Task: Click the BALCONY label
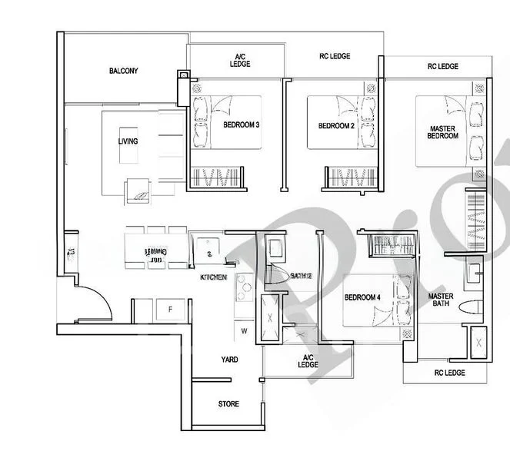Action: click(x=123, y=71)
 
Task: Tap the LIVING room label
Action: click(x=128, y=141)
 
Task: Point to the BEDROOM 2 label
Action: click(x=336, y=126)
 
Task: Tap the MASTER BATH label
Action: click(x=441, y=300)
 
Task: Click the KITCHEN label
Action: click(x=213, y=277)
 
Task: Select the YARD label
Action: click(x=229, y=360)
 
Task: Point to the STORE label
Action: click(x=228, y=404)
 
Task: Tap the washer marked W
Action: click(x=244, y=332)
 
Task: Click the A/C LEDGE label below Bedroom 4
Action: click(x=308, y=361)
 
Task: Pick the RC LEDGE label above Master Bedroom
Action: click(x=442, y=67)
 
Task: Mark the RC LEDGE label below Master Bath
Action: click(x=448, y=373)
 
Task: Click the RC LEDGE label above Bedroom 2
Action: click(x=335, y=56)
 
